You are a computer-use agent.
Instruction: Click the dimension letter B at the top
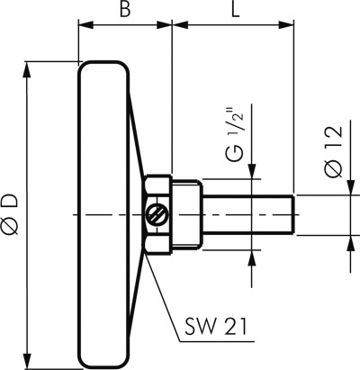pos(125,9)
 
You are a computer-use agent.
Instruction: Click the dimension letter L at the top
pos(235,9)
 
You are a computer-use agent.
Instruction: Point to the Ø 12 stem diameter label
pos(334,151)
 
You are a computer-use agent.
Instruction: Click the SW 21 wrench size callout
pos(215,327)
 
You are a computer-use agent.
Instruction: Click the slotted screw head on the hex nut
pos(156,214)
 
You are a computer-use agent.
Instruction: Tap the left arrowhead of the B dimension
pos(85,25)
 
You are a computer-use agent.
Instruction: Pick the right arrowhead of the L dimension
pos(286,25)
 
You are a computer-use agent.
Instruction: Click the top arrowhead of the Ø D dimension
pos(28,69)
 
